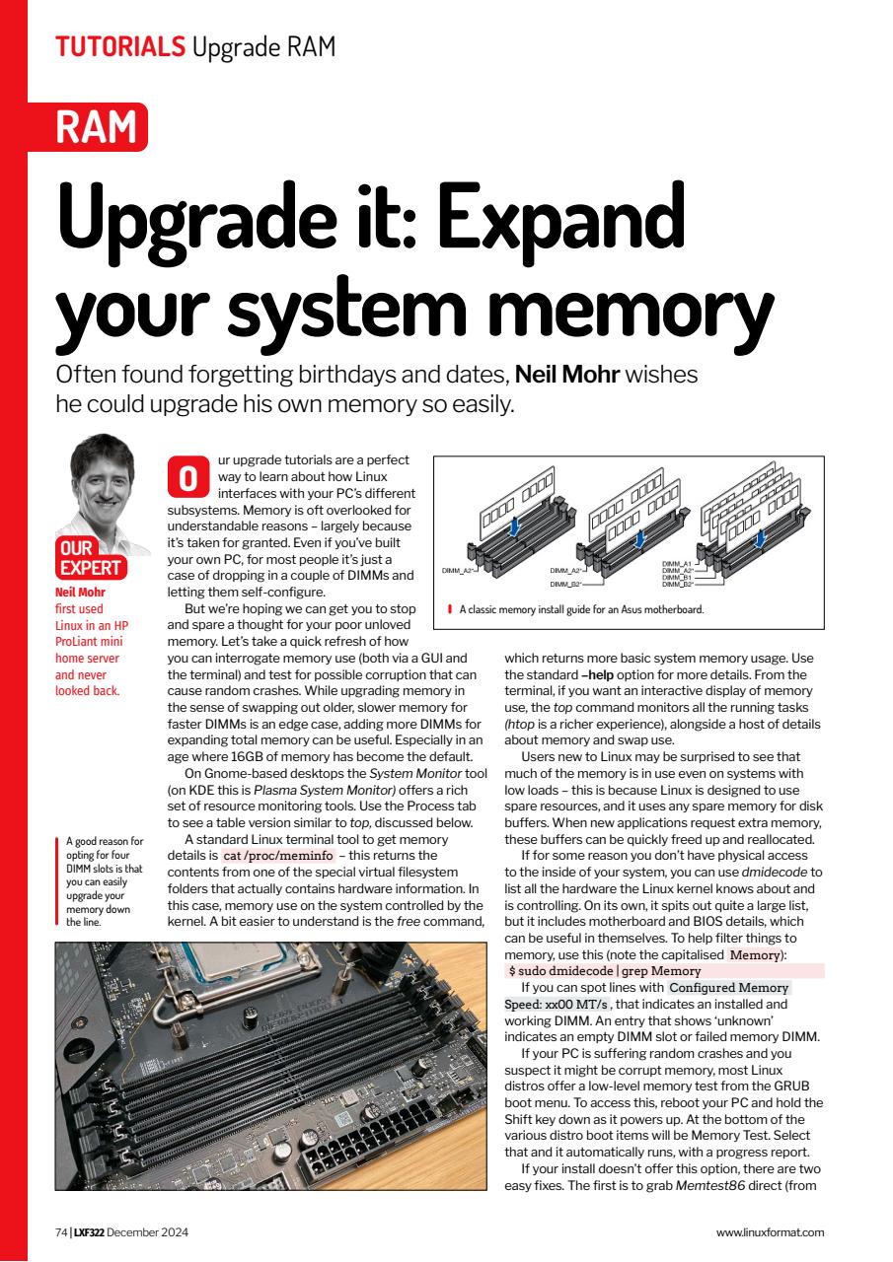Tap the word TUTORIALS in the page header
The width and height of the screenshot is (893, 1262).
tap(119, 45)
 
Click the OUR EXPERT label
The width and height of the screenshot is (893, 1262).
tap(90, 558)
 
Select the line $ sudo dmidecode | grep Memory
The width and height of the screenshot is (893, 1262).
tap(604, 971)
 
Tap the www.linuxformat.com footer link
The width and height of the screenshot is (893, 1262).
tap(770, 1231)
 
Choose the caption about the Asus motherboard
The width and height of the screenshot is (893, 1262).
tap(581, 609)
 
